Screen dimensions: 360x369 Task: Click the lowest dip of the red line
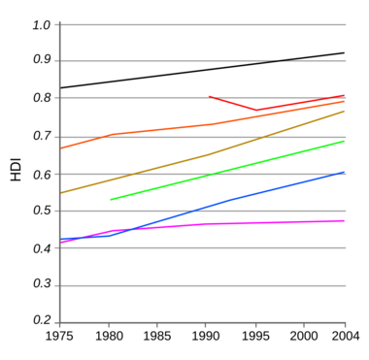pyautogui.click(x=256, y=110)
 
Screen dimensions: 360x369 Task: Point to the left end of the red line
pyautogui.click(x=208, y=95)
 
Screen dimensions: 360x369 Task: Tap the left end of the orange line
pyautogui.click(x=62, y=148)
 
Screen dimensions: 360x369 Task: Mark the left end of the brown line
pyautogui.click(x=61, y=193)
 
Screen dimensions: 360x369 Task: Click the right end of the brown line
pyautogui.click(x=345, y=111)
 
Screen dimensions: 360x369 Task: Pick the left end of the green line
pyautogui.click(x=111, y=200)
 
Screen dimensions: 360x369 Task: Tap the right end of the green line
pyautogui.click(x=345, y=141)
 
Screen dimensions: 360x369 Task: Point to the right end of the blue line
pyautogui.click(x=345, y=173)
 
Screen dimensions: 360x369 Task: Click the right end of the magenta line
pyautogui.click(x=345, y=220)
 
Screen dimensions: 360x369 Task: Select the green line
pyautogui.click(x=228, y=170)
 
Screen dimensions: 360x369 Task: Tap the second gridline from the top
pyautogui.click(x=146, y=60)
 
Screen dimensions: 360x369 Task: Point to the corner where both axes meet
pyautogui.click(x=59, y=323)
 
